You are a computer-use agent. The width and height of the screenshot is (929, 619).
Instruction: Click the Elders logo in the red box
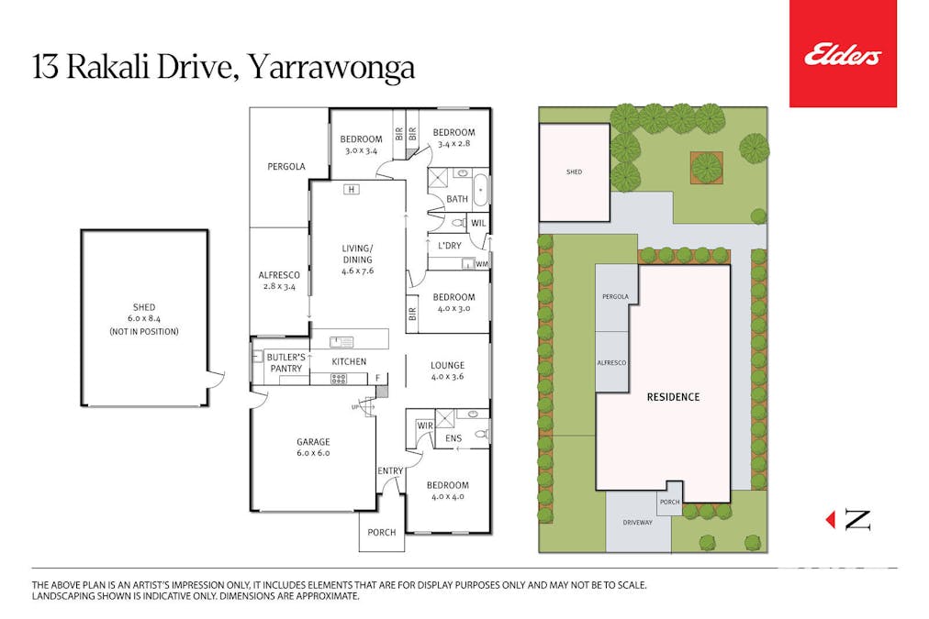[843, 56]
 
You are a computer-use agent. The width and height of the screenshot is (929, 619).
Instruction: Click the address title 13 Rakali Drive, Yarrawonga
[223, 68]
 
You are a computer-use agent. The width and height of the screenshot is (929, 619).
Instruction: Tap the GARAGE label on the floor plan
[312, 447]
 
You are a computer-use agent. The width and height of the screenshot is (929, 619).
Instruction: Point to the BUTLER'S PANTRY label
[285, 362]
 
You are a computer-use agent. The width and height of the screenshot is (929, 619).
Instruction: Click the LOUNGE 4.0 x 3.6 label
[447, 370]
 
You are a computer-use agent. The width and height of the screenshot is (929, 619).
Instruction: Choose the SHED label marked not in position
[144, 318]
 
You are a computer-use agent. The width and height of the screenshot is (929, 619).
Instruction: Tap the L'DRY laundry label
[449, 246]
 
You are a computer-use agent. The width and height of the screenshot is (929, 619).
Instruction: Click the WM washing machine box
[481, 264]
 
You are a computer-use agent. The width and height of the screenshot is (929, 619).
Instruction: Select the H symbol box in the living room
[351, 190]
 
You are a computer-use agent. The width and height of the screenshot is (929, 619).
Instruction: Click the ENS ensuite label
[453, 439]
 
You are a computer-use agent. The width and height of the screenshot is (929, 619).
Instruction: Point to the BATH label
[456, 199]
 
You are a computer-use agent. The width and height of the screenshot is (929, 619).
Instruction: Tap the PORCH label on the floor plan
[381, 532]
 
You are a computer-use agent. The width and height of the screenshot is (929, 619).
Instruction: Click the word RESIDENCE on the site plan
[673, 397]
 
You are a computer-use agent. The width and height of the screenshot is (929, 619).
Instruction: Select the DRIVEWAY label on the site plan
[637, 522]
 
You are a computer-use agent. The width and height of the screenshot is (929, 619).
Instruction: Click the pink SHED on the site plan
[575, 172]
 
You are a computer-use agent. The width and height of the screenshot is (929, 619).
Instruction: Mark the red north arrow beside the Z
[831, 520]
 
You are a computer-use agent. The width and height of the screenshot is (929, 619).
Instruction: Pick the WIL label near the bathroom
[478, 222]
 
